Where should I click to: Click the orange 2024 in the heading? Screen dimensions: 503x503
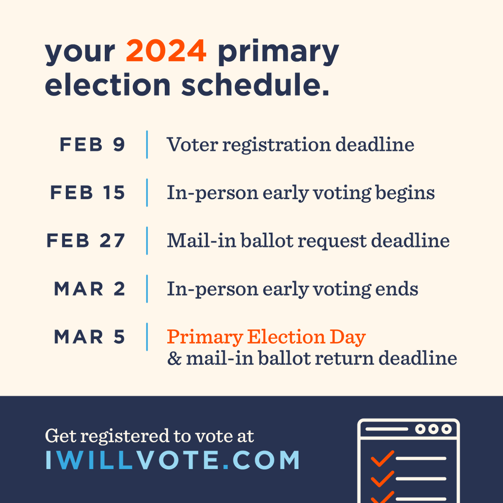click(166, 51)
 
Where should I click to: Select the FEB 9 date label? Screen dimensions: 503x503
click(93, 145)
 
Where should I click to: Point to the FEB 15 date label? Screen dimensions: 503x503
click(88, 193)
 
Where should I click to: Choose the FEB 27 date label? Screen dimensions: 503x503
click(86, 241)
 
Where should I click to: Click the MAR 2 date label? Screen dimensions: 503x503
click(90, 289)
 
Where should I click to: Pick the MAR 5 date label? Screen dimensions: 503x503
click(90, 337)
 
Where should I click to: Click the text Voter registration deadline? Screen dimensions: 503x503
click(290, 145)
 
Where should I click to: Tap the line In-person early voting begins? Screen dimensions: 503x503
click(301, 193)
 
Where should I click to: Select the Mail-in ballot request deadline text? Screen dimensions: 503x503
click(308, 241)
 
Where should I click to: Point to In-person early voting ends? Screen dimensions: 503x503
click(293, 289)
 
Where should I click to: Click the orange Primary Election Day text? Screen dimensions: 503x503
click(266, 337)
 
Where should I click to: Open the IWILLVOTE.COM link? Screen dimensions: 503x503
click(172, 460)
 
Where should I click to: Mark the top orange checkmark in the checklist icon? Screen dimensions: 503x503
click(382, 458)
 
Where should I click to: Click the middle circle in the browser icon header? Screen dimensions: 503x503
click(433, 429)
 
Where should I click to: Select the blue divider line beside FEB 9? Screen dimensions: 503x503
click(147, 145)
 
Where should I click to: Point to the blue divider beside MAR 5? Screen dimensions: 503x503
click(147, 337)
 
